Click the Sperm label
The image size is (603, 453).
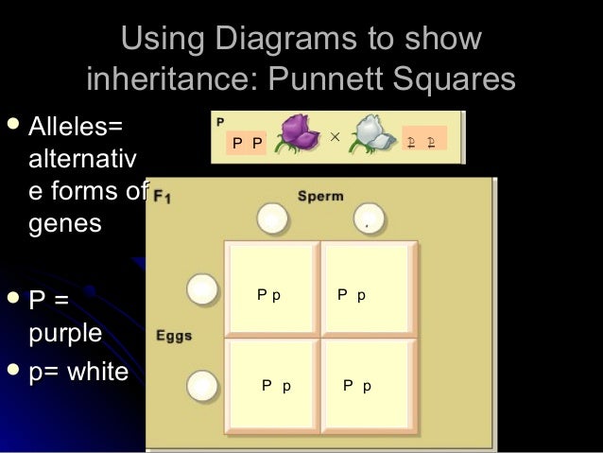320,196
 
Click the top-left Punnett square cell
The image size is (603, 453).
272,288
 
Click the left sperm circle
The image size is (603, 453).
272,219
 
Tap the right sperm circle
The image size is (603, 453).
369,219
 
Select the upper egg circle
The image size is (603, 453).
201,288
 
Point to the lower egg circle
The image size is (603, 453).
201,385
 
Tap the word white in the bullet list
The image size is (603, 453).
91,372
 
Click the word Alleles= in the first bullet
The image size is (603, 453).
77,126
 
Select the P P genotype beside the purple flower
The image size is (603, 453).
249,143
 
